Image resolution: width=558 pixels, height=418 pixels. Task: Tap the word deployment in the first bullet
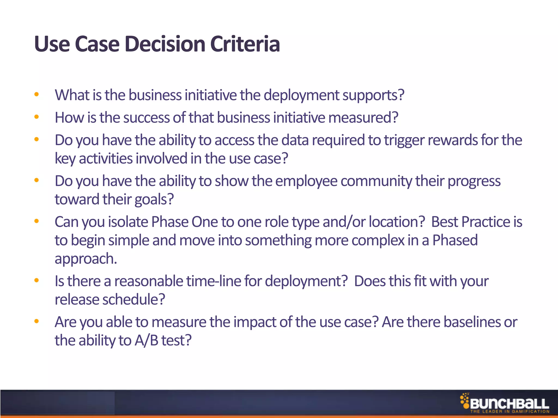[x=302, y=96]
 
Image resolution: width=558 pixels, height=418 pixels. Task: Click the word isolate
[x=128, y=222]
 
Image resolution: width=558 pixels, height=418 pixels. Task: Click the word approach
[x=86, y=259]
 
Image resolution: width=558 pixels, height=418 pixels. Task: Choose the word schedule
[x=134, y=300]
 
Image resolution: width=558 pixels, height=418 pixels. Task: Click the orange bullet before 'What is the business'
[x=37, y=95]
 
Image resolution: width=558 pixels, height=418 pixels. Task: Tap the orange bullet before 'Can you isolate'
[x=37, y=221]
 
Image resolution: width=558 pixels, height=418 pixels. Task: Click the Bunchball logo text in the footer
[x=509, y=404]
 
